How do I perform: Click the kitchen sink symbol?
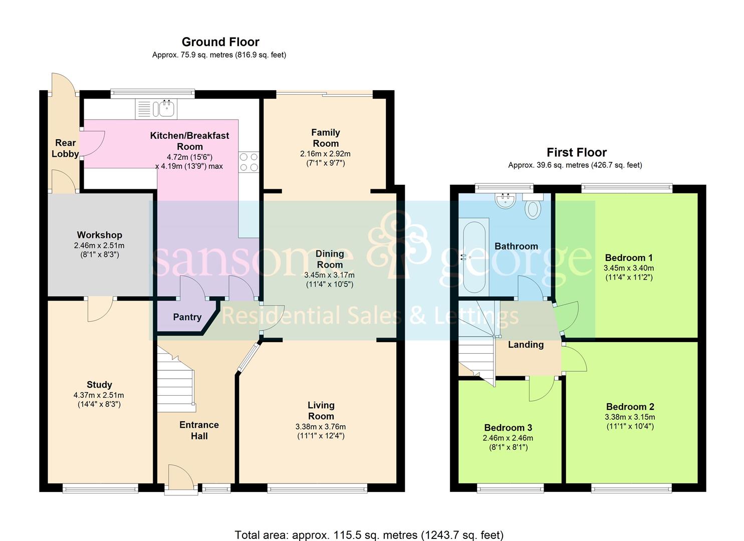pos(156,109)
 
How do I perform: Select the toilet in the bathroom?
pos(533,206)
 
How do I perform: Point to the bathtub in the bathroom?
pos(474,257)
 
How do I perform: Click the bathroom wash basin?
pos(505,200)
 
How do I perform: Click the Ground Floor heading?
pos(220,42)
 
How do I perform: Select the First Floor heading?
pos(577,152)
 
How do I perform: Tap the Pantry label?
pos(187,317)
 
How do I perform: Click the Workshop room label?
pos(100,235)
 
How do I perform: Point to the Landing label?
pos(526,345)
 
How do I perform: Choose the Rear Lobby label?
pos(65,148)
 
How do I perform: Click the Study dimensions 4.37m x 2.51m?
pos(99,395)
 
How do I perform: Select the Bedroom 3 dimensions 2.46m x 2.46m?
pos(508,438)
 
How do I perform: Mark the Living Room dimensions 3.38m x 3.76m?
pos(321,427)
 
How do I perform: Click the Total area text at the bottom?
pos(369,526)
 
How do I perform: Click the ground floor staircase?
pos(175,379)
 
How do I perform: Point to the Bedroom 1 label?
pos(629,257)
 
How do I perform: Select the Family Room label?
pos(326,138)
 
